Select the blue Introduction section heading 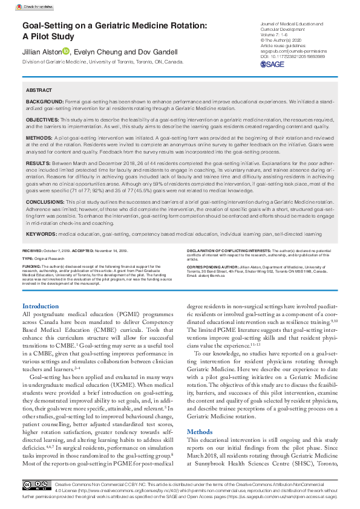coord(41,306)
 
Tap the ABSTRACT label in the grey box coord(39,89)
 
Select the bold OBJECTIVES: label coord(43,121)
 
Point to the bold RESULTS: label coord(38,163)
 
